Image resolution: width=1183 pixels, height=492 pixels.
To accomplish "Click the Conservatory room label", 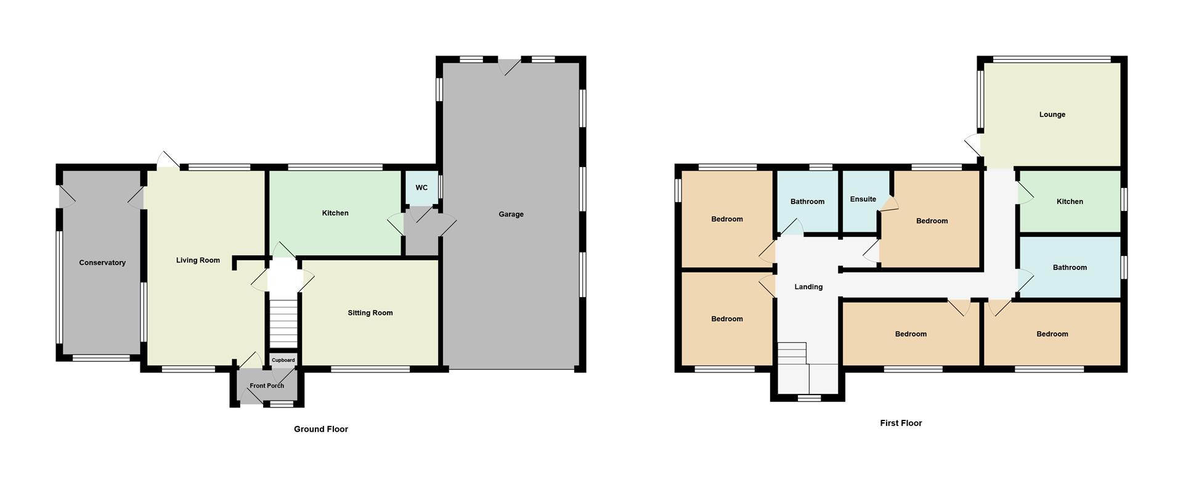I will pyautogui.click(x=102, y=263).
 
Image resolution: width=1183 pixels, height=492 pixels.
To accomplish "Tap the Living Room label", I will pyautogui.click(x=198, y=260).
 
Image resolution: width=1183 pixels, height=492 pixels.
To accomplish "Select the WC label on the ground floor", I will pyautogui.click(x=421, y=187).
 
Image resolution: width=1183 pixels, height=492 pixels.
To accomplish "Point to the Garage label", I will pyautogui.click(x=511, y=215).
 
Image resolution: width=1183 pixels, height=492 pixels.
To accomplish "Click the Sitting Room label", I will pyautogui.click(x=370, y=313).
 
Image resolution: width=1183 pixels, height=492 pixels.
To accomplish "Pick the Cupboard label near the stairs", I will pyautogui.click(x=283, y=360).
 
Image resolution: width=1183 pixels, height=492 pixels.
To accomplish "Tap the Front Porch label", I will pyautogui.click(x=267, y=386).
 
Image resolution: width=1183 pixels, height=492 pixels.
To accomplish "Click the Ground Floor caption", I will pyautogui.click(x=320, y=429).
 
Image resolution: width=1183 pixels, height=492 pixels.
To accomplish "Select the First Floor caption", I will pyautogui.click(x=901, y=423).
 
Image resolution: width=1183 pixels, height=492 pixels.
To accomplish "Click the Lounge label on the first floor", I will pyautogui.click(x=1052, y=115).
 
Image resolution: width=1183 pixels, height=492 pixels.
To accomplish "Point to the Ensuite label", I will pyautogui.click(x=863, y=199).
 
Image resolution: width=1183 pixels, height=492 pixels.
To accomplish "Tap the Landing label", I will pyautogui.click(x=808, y=287).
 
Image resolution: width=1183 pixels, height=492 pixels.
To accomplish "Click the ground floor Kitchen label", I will pyautogui.click(x=335, y=213).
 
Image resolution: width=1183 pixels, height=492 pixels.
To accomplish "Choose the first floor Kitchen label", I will pyautogui.click(x=1070, y=202).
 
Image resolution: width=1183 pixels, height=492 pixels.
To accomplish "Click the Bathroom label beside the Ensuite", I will pyautogui.click(x=807, y=202).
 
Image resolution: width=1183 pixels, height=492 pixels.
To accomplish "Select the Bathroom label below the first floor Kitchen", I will pyautogui.click(x=1070, y=268).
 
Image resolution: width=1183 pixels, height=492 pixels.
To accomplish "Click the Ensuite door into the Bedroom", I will pyautogui.click(x=887, y=205).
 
